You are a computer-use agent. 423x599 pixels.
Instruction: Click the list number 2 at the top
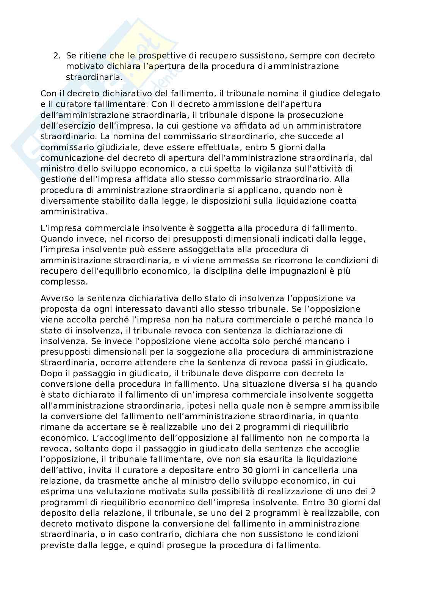point(56,56)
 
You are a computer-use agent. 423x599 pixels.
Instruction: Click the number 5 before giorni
point(278,147)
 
